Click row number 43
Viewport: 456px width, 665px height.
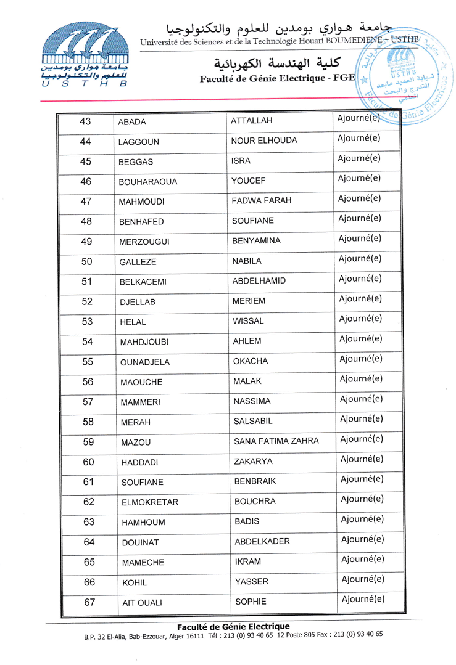86,121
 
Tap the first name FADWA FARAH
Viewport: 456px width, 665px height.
262,202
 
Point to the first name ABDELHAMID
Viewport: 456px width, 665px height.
259,281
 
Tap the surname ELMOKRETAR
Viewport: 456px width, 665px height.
150,502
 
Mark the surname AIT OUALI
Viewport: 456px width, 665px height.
142,603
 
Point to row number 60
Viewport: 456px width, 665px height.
88,462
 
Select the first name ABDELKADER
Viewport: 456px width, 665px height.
262,542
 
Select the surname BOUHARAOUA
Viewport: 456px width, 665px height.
148,182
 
